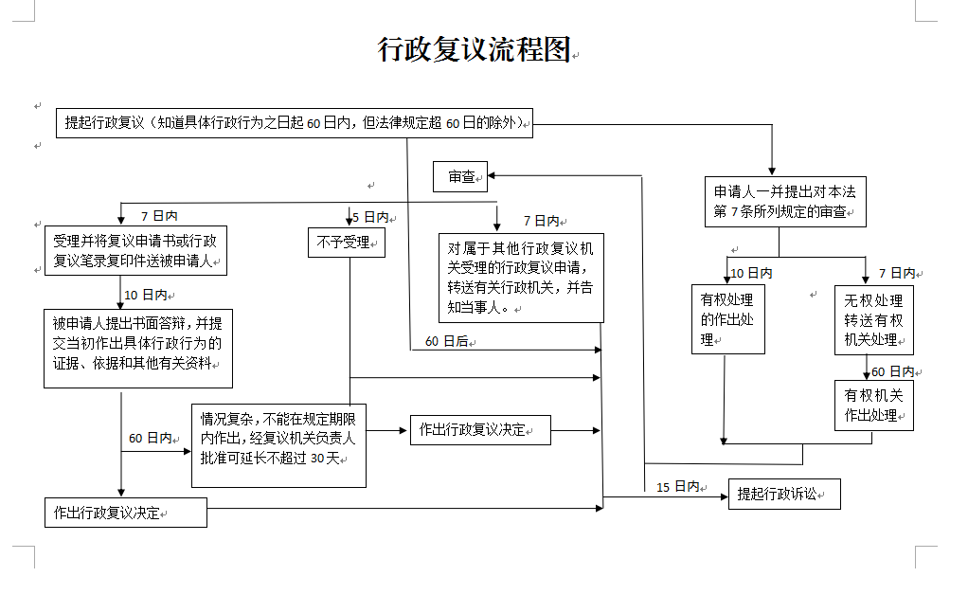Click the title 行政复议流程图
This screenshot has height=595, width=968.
pyautogui.click(x=474, y=49)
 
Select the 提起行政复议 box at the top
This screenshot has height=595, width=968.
pyautogui.click(x=294, y=122)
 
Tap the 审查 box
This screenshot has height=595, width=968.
pyautogui.click(x=460, y=176)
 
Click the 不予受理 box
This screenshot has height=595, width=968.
pyautogui.click(x=345, y=243)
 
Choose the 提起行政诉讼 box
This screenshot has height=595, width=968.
pyautogui.click(x=783, y=494)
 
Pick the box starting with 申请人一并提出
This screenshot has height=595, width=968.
pyautogui.click(x=784, y=201)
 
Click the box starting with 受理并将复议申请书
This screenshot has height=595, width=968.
pyautogui.click(x=136, y=250)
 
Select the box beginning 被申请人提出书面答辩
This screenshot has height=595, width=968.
pyautogui.click(x=137, y=347)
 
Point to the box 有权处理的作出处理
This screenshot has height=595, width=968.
pyautogui.click(x=727, y=319)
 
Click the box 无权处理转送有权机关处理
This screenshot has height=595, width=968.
pyautogui.click(x=874, y=320)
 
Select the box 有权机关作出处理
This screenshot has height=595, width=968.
pyautogui.click(x=873, y=405)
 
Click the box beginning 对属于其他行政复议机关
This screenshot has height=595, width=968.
pyautogui.click(x=520, y=278)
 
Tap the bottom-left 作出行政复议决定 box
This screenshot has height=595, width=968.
pyautogui.click(x=125, y=513)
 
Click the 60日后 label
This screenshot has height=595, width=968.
pyautogui.click(x=446, y=341)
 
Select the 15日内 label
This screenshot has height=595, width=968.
pyautogui.click(x=677, y=487)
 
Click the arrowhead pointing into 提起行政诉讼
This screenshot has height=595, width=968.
pyautogui.click(x=723, y=495)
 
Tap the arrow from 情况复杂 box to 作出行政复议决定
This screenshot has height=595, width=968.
pyautogui.click(x=387, y=431)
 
